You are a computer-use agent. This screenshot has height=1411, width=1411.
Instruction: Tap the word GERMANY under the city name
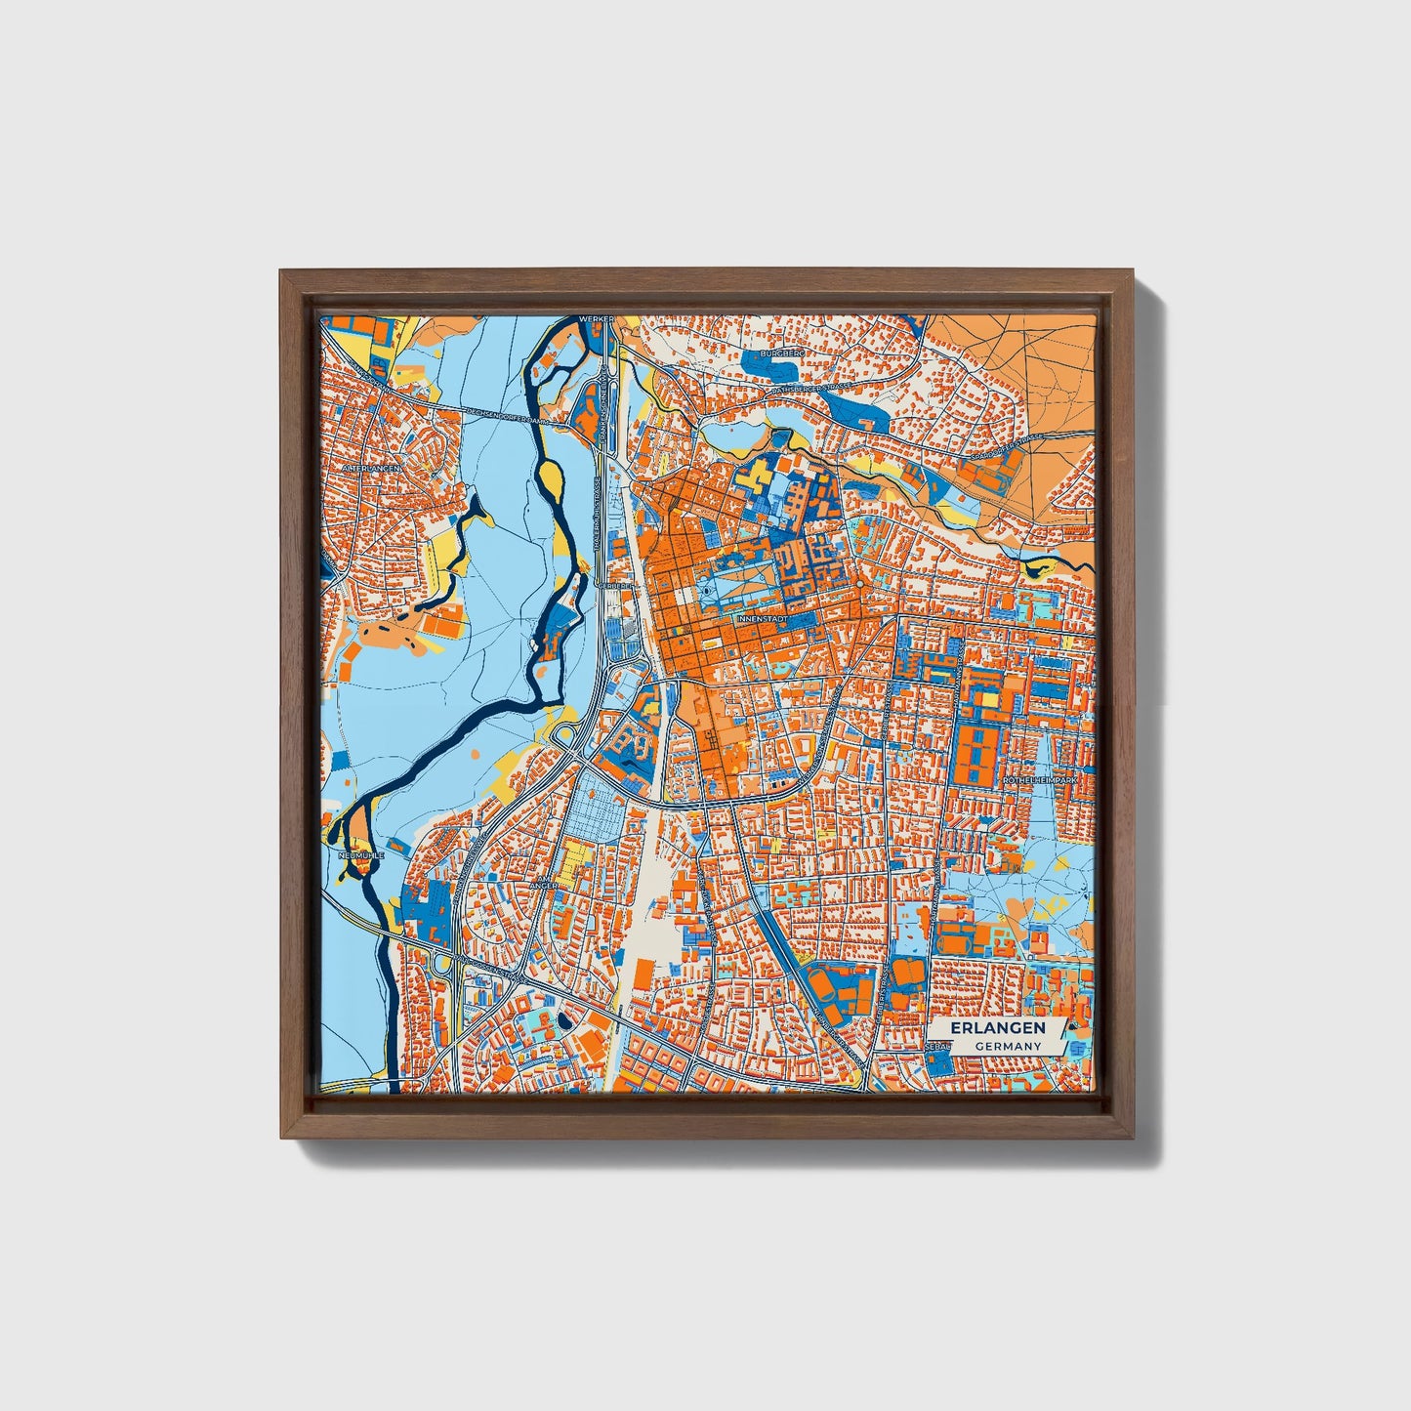click(x=1006, y=1046)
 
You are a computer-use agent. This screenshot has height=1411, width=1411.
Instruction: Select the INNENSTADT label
click(x=762, y=619)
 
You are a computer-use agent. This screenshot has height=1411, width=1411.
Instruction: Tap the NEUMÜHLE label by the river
click(x=360, y=854)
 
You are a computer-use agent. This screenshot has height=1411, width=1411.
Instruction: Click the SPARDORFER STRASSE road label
click(x=1007, y=448)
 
